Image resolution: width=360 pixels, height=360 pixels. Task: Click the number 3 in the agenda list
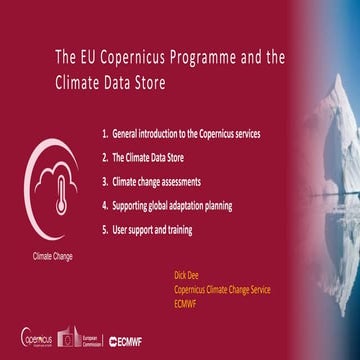[104, 182]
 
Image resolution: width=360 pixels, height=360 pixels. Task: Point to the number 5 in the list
[104, 230]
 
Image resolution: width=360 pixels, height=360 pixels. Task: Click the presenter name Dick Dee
[187, 274]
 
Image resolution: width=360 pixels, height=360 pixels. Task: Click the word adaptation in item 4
[210, 206]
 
